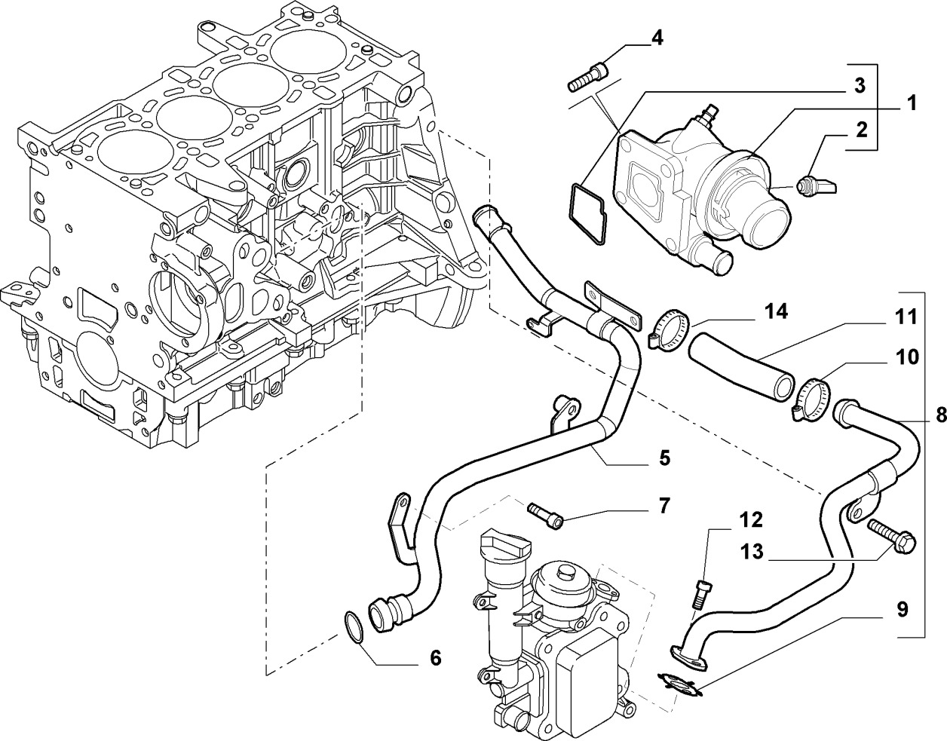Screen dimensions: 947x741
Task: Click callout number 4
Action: tap(657, 38)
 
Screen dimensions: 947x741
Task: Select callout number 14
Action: tap(774, 312)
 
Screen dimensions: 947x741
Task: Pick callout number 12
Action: tap(750, 520)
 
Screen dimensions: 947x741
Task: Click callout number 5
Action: tap(664, 458)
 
